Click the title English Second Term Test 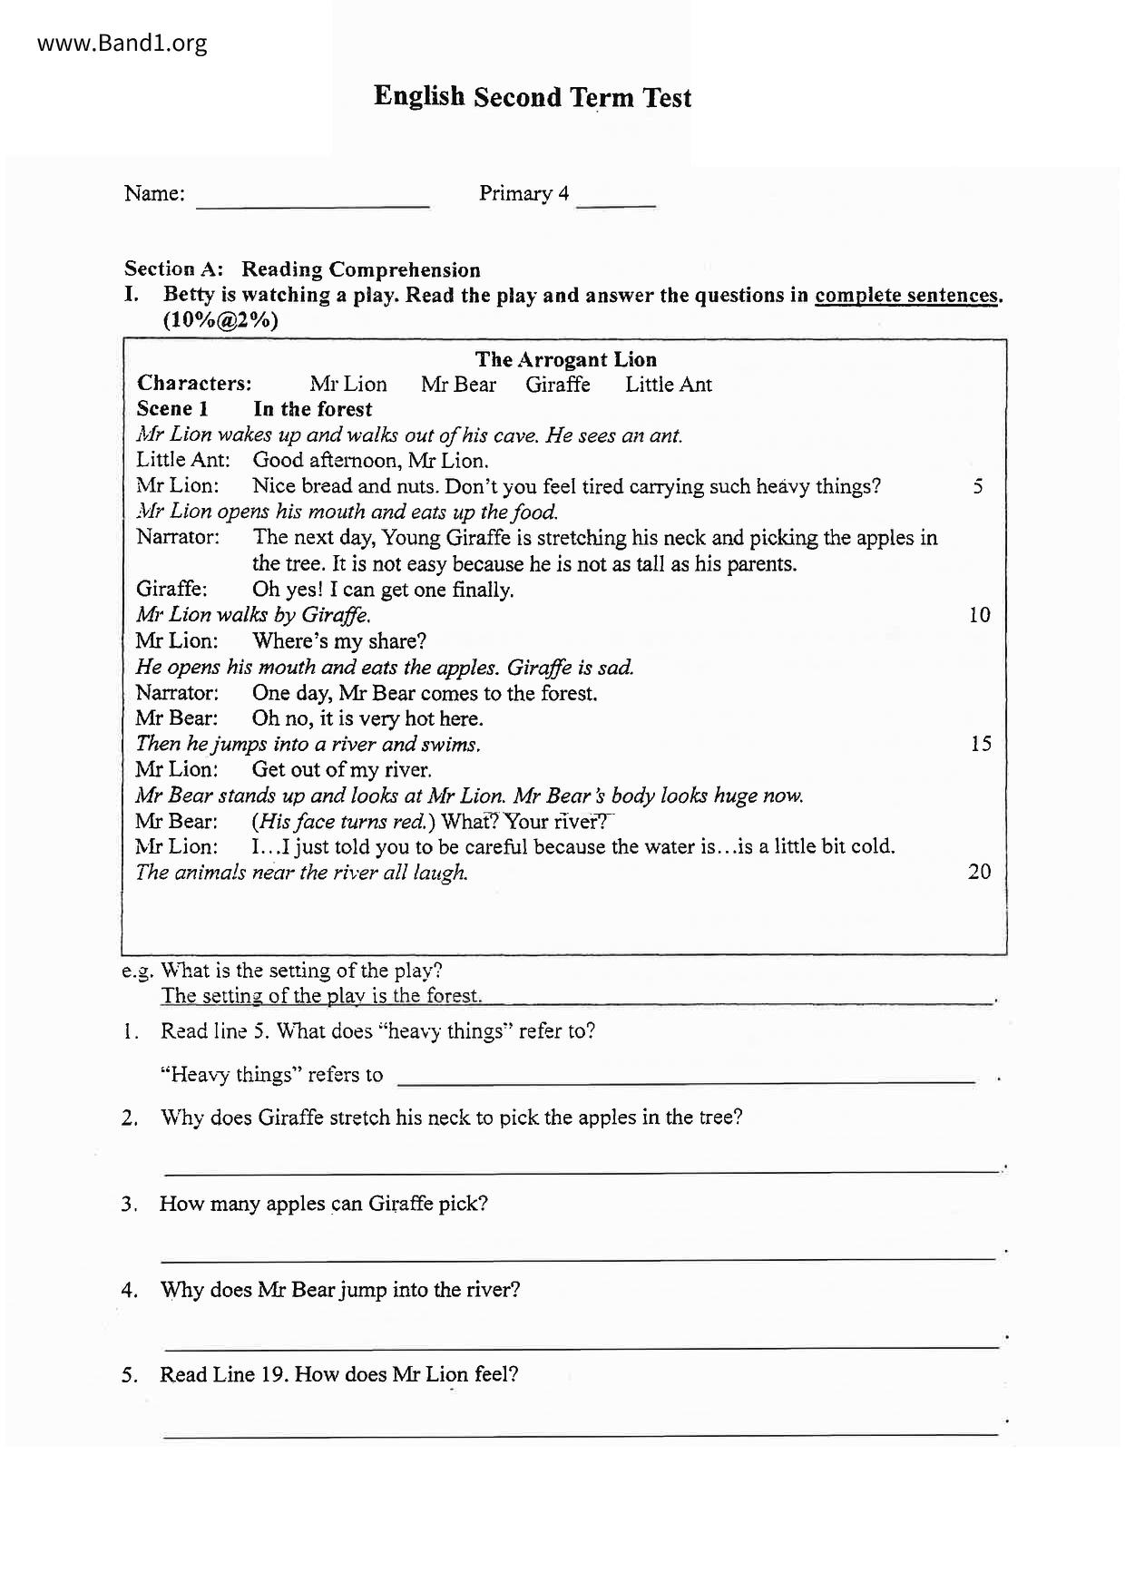coord(533,97)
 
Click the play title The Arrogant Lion coord(565,359)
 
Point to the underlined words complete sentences coord(906,296)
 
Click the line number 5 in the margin coord(977,486)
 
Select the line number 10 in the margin coord(979,615)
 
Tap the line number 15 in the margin coord(980,744)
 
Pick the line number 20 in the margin coord(979,872)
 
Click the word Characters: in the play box coord(194,384)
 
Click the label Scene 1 coord(172,409)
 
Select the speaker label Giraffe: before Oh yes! coord(171,590)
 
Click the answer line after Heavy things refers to coord(687,1079)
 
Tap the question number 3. coord(128,1205)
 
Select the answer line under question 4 coord(580,1346)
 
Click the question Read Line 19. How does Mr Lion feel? coord(338,1374)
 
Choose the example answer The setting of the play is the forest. coord(321,996)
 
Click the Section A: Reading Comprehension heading coord(302,269)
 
